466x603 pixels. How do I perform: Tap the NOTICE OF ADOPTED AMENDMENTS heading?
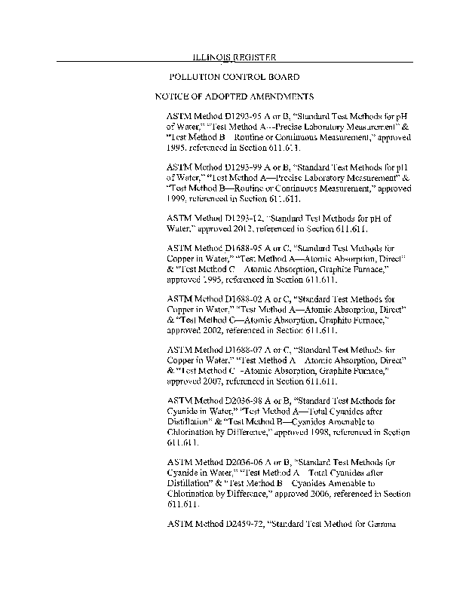(x=235, y=97)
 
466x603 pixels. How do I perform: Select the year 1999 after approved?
(x=178, y=198)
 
